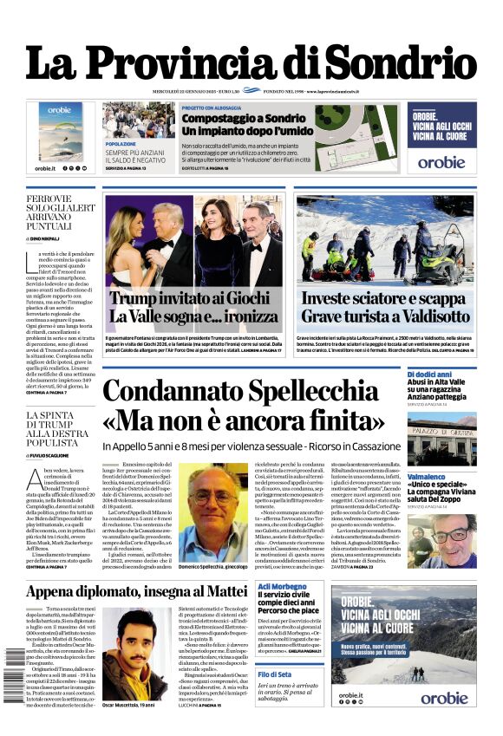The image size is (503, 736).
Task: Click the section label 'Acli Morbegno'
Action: click(283, 587)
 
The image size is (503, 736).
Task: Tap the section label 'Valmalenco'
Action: click(426, 477)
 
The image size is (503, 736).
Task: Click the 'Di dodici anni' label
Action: click(428, 374)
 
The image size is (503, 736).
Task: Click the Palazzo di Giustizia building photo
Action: click(441, 442)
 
